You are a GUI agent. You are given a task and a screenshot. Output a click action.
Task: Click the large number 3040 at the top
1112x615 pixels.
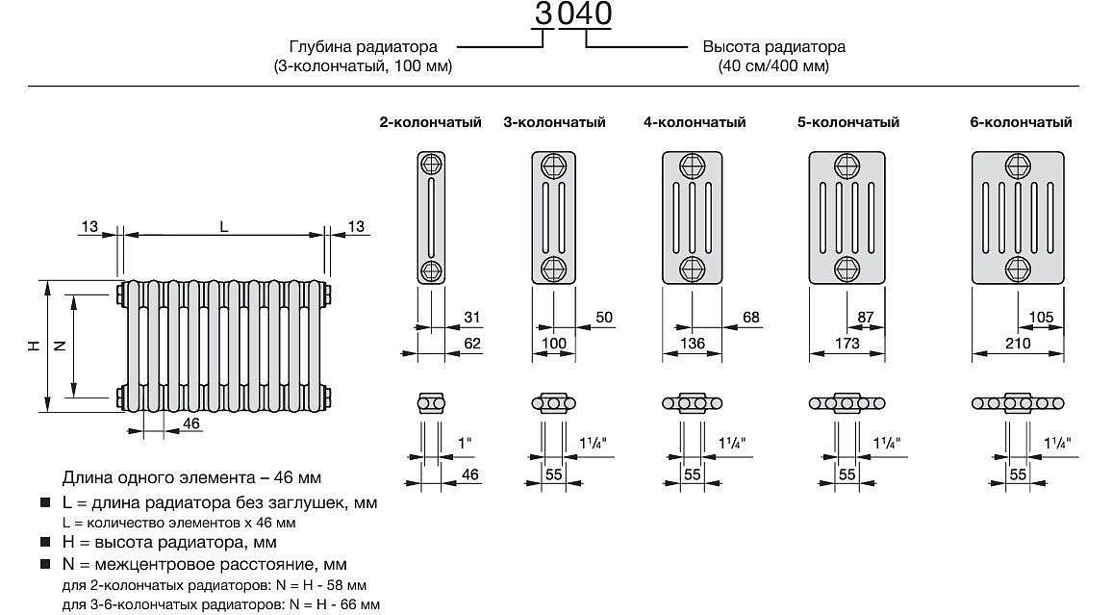[573, 14]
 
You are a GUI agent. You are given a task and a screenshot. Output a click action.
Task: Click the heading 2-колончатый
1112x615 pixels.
[430, 122]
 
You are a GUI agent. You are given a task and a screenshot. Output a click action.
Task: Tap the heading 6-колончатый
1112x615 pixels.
[1022, 122]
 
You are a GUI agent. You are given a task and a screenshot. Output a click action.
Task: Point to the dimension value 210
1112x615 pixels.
[1017, 344]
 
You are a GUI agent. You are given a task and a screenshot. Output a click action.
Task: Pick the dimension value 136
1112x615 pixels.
[693, 344]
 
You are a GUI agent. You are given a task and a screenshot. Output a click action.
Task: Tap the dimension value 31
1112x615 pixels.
[471, 318]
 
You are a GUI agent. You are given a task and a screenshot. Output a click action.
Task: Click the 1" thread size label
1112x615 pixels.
[466, 444]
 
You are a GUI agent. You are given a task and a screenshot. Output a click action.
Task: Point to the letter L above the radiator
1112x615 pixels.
[223, 227]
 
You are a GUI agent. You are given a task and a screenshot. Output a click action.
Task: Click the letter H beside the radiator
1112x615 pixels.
[33, 346]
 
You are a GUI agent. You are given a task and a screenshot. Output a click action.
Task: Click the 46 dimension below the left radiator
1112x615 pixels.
[190, 423]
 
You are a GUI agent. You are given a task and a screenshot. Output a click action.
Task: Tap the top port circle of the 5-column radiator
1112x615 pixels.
[847, 165]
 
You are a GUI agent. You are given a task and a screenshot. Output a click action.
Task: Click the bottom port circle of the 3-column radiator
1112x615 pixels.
[553, 268]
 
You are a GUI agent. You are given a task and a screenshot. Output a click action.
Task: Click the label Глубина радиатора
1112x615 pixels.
[364, 46]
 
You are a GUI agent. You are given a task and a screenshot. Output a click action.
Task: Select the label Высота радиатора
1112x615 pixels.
[773, 46]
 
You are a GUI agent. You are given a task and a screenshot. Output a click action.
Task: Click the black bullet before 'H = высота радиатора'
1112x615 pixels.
[45, 543]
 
